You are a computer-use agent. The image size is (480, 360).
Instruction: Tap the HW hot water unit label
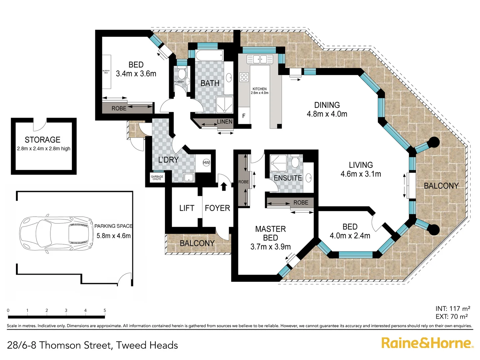pos(206,163)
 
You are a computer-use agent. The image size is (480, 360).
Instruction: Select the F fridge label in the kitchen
pos(244,116)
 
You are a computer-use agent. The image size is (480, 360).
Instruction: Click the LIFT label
pos(186,208)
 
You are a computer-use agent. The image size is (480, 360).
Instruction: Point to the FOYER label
pos(217,208)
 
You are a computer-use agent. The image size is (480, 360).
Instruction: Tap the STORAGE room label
pos(43,140)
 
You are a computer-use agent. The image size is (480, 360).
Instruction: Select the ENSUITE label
pos(288,178)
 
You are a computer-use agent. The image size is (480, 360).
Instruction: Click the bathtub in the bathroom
pos(209,56)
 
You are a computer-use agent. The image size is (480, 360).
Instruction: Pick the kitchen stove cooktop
pos(244,77)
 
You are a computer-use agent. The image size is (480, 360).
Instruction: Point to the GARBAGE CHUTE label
pos(157,178)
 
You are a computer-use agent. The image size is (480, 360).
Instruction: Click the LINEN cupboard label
pos(225,122)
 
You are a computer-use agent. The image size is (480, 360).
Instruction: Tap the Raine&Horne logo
pos(427,343)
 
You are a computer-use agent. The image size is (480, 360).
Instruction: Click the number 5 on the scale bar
pos(105,310)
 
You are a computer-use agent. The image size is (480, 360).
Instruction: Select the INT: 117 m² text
pos(453,309)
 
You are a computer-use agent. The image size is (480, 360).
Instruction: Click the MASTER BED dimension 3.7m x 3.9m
pos(270,247)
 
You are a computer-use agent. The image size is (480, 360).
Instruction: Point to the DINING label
pos(327,105)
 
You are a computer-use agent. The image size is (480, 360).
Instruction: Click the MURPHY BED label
pos(106,72)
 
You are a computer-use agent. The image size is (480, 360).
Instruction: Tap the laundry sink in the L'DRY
pos(189,177)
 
